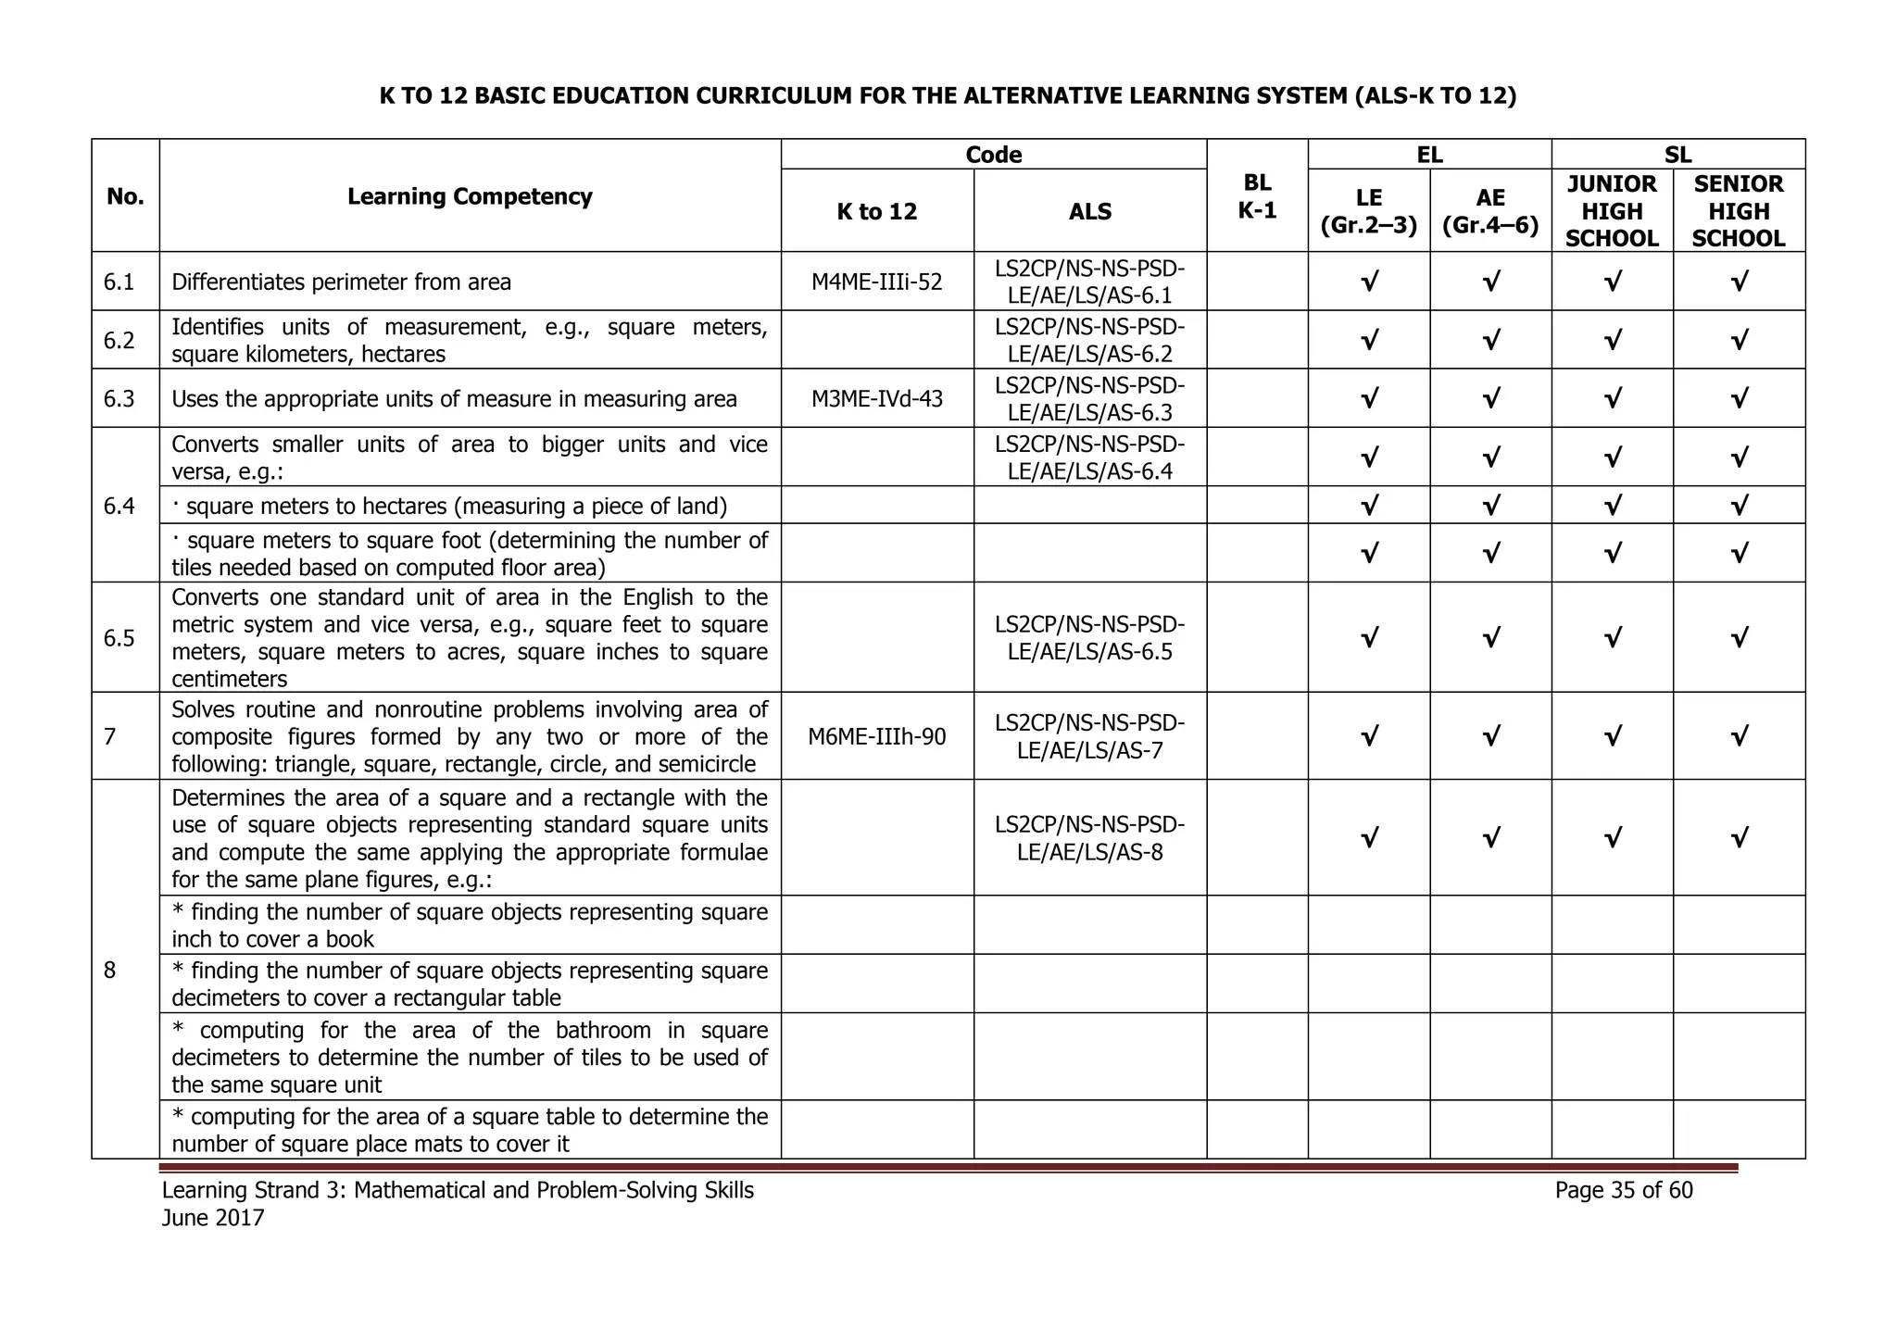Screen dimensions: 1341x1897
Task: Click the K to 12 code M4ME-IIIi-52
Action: click(876, 282)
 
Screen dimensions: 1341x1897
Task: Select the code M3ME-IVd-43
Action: click(876, 399)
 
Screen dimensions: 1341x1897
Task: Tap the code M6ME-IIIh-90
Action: click(876, 737)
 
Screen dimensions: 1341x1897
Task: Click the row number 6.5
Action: click(119, 638)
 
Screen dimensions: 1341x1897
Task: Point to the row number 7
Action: click(110, 737)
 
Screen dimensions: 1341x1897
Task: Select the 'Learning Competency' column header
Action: click(470, 196)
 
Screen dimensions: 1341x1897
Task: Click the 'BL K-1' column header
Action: click(1257, 196)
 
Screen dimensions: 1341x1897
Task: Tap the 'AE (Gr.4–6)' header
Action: click(1490, 211)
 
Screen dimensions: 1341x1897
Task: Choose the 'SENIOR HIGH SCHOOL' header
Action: click(1738, 211)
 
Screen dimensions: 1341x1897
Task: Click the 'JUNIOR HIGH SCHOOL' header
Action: click(1612, 211)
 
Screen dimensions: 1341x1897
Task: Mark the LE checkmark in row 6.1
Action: click(1369, 282)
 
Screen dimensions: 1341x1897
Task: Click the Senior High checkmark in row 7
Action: click(1739, 737)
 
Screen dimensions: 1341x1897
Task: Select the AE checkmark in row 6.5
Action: click(1490, 638)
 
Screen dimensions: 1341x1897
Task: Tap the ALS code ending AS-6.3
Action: click(1089, 399)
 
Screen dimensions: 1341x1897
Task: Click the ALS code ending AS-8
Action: click(1089, 838)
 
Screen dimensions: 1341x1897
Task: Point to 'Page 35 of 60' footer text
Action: click(1624, 1190)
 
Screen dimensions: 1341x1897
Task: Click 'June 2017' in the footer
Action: click(213, 1218)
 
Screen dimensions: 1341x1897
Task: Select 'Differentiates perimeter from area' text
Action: click(341, 282)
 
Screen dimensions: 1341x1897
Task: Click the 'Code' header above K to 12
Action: click(993, 155)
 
